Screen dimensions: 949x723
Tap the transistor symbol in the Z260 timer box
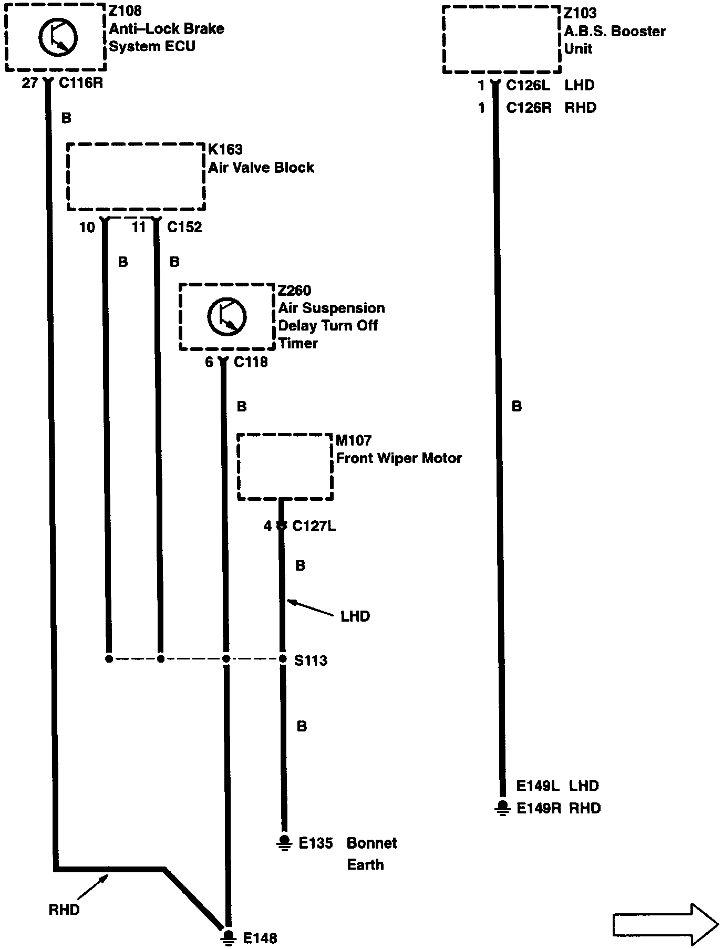[227, 316]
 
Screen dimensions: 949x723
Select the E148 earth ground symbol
[228, 937]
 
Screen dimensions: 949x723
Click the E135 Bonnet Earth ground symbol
[284, 842]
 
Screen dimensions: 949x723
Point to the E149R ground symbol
[503, 808]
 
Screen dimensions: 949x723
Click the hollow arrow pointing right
[665, 924]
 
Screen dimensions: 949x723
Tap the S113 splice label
[311, 660]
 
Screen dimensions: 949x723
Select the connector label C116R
[80, 82]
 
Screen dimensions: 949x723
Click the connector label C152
[184, 227]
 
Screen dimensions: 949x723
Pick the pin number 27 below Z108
[29, 82]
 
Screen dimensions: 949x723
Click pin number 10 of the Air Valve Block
[87, 227]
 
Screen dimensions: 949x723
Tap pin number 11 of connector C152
[139, 227]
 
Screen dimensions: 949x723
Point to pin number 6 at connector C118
[209, 362]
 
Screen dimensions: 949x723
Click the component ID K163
[225, 150]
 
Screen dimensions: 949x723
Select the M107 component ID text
[354, 440]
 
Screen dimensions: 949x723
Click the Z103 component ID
[581, 13]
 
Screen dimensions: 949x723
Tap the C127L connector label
[314, 526]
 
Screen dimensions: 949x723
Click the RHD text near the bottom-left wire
[64, 910]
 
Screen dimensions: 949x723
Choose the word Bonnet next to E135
[371, 843]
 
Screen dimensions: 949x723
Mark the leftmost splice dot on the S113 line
[109, 659]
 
